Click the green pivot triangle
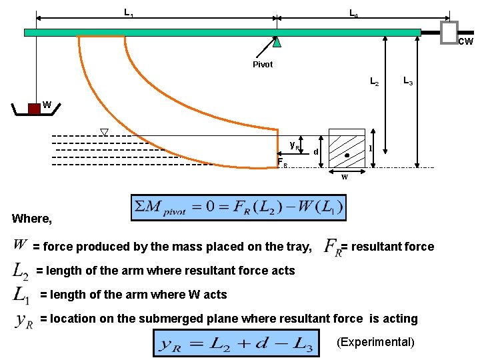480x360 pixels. (277, 42)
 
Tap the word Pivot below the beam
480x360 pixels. (263, 65)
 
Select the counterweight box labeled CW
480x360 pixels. (449, 31)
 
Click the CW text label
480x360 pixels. (465, 41)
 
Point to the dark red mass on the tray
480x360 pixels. (34, 109)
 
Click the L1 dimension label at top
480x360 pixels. (128, 12)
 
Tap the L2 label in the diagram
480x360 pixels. (374, 82)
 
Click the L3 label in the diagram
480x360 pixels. (408, 81)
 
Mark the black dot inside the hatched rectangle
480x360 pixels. (347, 155)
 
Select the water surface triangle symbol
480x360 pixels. (104, 131)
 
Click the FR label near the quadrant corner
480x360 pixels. (281, 162)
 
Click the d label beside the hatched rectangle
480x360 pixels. (315, 152)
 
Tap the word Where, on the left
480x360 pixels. (31, 218)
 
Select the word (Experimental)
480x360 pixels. (375, 342)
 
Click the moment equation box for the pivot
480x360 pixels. (239, 207)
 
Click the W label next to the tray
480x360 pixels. (47, 104)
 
